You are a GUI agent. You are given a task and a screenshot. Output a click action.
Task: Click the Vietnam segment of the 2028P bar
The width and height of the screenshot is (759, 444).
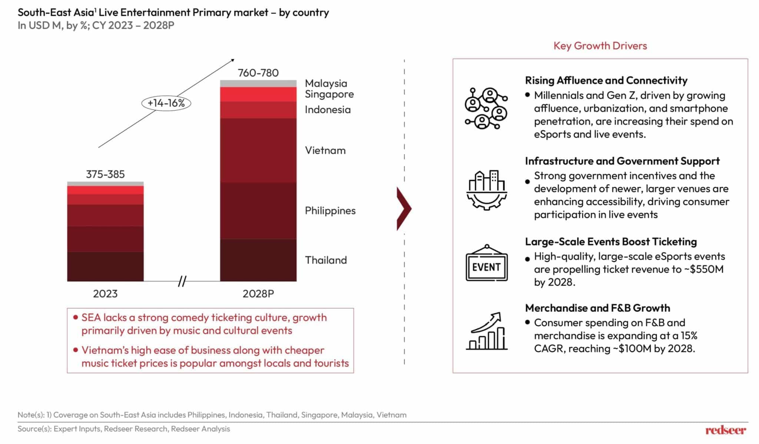(258, 150)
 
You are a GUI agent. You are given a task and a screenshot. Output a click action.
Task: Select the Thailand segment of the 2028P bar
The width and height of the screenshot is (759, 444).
(258, 260)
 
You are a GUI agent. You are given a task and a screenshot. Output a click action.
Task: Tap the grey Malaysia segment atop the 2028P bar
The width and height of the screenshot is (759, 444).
(258, 83)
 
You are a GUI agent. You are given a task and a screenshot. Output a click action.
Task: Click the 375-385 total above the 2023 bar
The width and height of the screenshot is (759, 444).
(105, 174)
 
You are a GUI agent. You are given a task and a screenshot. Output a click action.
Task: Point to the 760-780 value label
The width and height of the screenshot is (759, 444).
(258, 73)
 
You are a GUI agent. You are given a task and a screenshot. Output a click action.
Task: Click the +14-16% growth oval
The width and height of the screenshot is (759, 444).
(166, 103)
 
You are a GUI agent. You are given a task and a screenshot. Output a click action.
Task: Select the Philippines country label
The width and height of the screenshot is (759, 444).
(330, 211)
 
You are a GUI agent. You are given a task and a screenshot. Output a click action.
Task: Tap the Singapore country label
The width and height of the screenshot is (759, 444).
(329, 94)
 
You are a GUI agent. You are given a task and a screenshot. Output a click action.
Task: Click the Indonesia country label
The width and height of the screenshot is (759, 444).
(328, 110)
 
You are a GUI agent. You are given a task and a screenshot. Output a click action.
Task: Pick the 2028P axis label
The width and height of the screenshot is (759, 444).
(258, 294)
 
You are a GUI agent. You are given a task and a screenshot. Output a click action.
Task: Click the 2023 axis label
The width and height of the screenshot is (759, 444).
(105, 294)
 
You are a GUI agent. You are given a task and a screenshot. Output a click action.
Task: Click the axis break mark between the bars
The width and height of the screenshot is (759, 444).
(182, 281)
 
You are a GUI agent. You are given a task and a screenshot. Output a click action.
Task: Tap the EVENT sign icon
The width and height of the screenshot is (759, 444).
(486, 263)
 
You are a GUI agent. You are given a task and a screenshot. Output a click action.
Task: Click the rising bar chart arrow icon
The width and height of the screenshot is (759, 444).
(486, 331)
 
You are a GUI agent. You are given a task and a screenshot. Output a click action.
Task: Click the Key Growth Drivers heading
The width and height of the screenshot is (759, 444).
(600, 46)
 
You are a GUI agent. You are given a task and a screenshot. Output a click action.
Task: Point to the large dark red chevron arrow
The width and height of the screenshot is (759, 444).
(404, 209)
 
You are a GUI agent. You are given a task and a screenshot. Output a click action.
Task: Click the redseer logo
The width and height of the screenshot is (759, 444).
(725, 430)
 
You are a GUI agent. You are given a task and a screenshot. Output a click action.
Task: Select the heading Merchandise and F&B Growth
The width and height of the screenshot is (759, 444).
(597, 308)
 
